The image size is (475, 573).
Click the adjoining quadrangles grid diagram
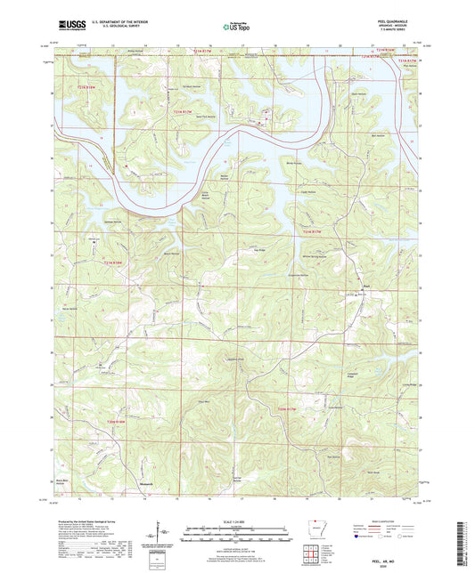click(x=309, y=554)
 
